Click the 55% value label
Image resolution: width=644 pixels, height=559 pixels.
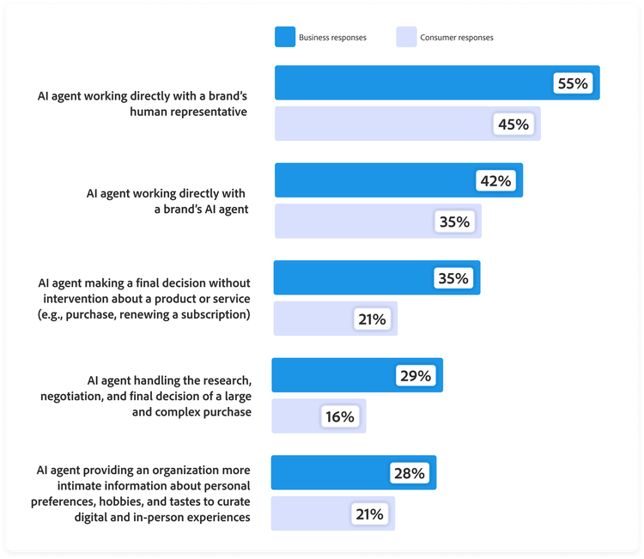click(x=572, y=83)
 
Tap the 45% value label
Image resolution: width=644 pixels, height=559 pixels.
click(x=513, y=125)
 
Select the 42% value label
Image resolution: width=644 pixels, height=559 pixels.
click(x=495, y=181)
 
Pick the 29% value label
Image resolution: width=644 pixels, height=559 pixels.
click(x=416, y=376)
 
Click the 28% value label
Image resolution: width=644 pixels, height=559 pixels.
click(x=410, y=473)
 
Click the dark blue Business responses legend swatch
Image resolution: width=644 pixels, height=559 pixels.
click(x=284, y=37)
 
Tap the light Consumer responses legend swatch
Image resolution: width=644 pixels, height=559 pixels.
click(x=405, y=37)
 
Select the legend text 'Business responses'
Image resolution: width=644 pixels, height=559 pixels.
click(x=332, y=38)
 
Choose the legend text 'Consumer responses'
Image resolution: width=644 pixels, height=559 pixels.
click(x=457, y=38)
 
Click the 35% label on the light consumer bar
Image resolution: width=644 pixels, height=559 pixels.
click(x=454, y=222)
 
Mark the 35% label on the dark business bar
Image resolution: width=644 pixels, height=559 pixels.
click(x=453, y=278)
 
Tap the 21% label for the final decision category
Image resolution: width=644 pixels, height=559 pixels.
click(x=371, y=319)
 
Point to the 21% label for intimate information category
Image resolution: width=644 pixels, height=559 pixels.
click(x=368, y=514)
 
